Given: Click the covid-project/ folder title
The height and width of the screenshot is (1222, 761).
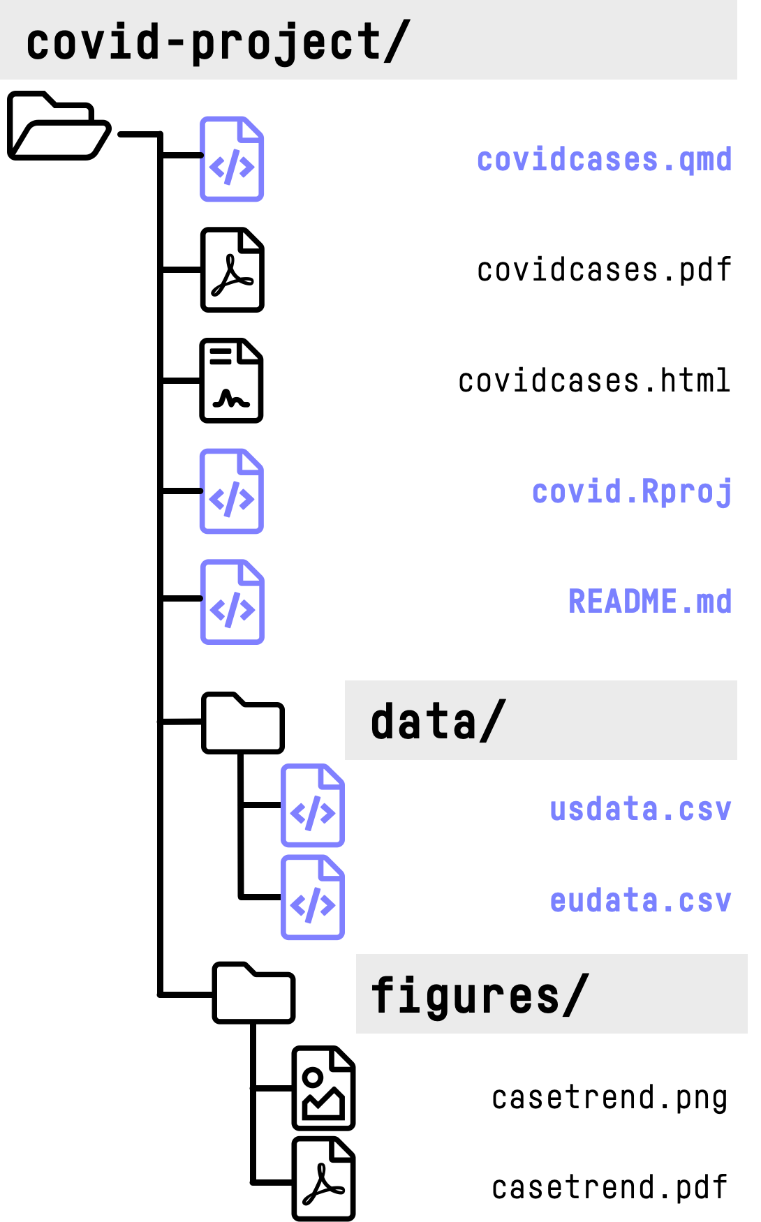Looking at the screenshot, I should coord(217,42).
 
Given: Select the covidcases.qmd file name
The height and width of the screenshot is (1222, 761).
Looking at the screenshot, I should coord(604,160).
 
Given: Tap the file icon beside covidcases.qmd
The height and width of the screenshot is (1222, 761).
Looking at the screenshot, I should coord(232,159).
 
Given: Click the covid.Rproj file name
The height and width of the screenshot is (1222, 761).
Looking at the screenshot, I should coord(632,492).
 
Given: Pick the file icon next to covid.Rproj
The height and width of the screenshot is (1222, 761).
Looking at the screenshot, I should coord(232,491).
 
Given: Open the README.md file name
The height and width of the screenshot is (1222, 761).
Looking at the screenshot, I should coord(650,602).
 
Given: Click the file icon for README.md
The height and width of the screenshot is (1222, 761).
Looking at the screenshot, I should coord(232,602).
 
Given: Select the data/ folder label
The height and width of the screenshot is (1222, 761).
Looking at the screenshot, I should coord(438,721).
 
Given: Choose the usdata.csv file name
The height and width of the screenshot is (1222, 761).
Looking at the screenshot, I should coord(640,810).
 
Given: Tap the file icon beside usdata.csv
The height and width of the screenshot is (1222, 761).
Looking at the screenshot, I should coord(313,806).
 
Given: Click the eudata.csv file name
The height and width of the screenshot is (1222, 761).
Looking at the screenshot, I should coord(640,901).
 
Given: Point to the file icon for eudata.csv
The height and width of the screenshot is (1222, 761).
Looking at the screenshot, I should coord(313,897).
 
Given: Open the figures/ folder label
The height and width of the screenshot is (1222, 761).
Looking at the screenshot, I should coord(480,995).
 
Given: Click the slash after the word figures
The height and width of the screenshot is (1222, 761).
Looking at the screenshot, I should coord(575,995).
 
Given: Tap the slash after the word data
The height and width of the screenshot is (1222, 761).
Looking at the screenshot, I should coord(492,721).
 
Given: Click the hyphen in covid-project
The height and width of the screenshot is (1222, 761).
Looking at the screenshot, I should coord(176,42).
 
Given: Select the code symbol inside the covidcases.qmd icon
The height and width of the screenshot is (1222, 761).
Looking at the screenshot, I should coord(232,167).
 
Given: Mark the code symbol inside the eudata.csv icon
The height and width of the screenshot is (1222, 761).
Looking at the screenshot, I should coord(313,905).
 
